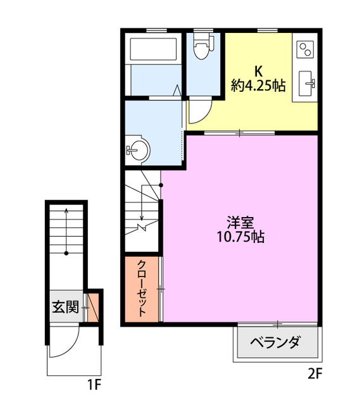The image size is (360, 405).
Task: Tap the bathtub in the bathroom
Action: point(153,49)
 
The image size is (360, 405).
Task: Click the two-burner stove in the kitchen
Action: point(305,49)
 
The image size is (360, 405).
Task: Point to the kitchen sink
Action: point(307,84)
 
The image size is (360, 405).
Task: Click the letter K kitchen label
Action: point(259,72)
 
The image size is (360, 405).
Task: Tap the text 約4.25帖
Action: point(259,85)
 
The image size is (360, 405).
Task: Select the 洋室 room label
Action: point(240,222)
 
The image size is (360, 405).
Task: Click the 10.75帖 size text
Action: point(240,237)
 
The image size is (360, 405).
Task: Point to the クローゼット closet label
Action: point(142,289)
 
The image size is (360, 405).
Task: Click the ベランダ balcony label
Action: point(275,342)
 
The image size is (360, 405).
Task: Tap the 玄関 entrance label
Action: point(66,307)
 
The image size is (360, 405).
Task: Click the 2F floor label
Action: point(315,373)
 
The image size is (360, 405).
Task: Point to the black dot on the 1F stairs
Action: point(66,253)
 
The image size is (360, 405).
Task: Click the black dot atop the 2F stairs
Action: point(161,185)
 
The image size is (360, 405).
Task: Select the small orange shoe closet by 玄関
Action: point(93,308)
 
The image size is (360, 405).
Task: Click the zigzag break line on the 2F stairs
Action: point(142,227)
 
